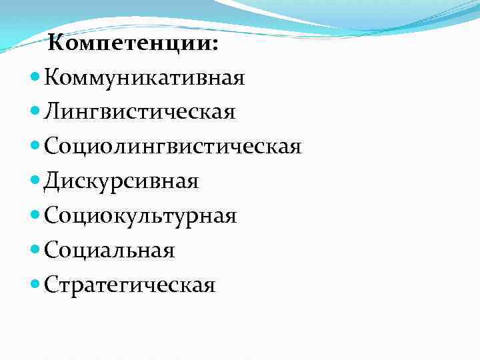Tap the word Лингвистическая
point(140,112)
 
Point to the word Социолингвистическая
point(173,147)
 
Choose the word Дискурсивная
point(121,181)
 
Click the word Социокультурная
point(141,216)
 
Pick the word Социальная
point(109,251)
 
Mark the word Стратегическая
point(130,285)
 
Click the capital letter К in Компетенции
point(57,44)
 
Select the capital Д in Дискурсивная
point(52,181)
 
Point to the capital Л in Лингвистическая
point(53,112)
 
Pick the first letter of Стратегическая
point(51,285)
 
